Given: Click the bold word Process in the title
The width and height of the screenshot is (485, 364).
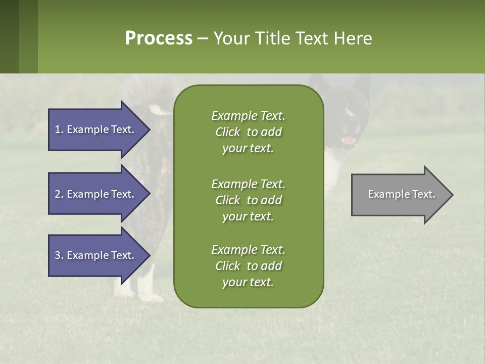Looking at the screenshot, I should pos(159,38).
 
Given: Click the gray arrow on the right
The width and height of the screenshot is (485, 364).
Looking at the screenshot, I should pos(399,195).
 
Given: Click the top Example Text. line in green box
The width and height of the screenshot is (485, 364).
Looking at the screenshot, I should pos(248,116).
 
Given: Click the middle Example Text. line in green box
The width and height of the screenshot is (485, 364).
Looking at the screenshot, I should pos(248,184).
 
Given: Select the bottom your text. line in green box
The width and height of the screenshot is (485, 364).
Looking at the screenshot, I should pos(248,283).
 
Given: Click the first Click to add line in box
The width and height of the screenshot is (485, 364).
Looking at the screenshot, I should pos(248,132).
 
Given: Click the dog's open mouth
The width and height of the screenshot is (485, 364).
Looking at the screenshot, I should pos(349,140).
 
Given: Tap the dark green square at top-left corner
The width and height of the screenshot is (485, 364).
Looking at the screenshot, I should pos(9,36).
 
